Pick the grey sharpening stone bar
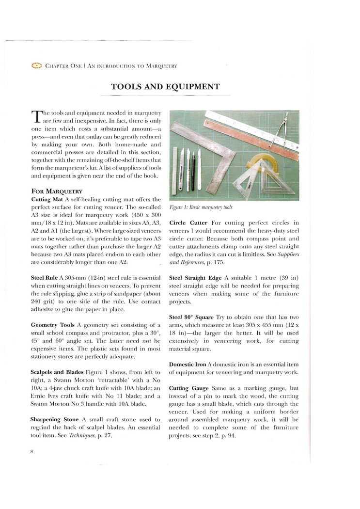175,171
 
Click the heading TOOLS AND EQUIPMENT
165,87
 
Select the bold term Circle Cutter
188,223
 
